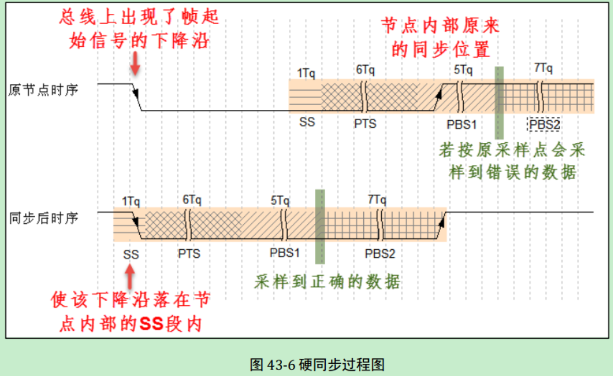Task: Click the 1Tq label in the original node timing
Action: click(x=306, y=73)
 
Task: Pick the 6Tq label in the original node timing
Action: click(x=365, y=70)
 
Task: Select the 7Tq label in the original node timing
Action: click(x=543, y=69)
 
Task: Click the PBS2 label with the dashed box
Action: click(x=544, y=124)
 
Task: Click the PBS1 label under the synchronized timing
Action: click(x=285, y=253)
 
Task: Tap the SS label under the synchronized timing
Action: click(x=131, y=254)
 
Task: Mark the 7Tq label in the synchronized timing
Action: click(x=377, y=200)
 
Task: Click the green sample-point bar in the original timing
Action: click(x=499, y=103)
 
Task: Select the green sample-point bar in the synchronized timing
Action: click(x=320, y=227)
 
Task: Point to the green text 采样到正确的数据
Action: click(x=327, y=282)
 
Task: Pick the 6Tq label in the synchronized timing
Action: click(x=192, y=200)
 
